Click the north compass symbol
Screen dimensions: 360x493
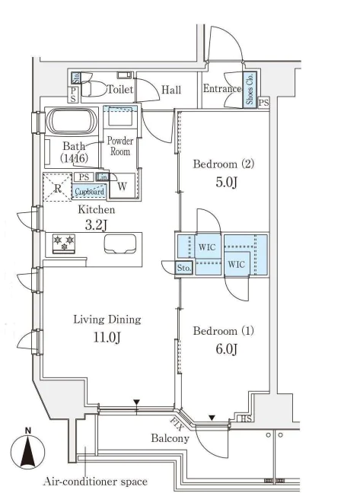[27, 450]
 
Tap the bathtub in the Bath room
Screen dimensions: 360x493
[72, 122]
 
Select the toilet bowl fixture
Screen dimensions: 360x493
[94, 89]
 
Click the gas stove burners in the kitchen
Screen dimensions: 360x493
[64, 243]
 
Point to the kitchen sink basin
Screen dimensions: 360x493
[120, 243]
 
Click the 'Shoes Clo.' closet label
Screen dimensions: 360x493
[250, 89]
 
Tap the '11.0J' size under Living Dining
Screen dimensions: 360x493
[107, 337]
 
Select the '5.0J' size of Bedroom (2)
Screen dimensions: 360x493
[226, 182]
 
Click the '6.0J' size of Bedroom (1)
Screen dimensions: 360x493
[226, 348]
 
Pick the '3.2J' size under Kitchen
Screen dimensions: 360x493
[97, 224]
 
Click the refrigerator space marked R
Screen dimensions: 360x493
[58, 187]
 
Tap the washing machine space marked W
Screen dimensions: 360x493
[122, 186]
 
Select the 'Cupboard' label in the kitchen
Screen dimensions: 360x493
[89, 191]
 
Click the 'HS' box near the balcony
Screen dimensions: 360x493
[246, 418]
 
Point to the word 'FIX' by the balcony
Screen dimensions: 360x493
[177, 424]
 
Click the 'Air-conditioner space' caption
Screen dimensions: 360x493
[95, 482]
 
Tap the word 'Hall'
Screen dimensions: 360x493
[171, 90]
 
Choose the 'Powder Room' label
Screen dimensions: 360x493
[119, 146]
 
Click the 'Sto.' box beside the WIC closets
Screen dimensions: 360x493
[183, 268]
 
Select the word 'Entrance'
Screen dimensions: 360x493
[222, 88]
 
